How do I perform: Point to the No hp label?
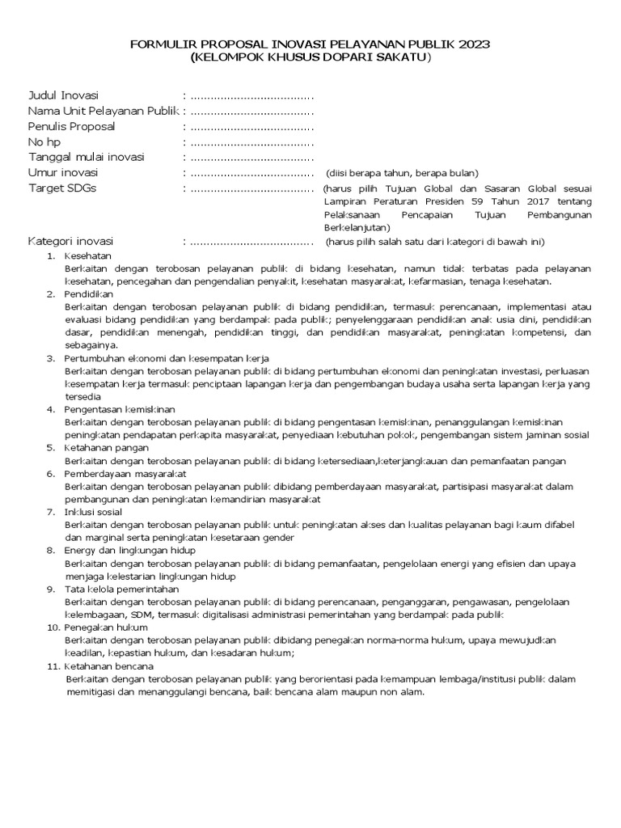click(x=44, y=142)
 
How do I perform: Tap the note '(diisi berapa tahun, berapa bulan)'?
click(x=402, y=174)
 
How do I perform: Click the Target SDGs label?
click(x=64, y=188)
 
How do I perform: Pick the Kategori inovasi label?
click(x=71, y=242)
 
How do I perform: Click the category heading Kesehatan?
click(x=87, y=256)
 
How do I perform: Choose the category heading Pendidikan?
click(x=89, y=294)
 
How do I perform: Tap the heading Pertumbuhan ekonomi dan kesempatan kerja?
click(x=167, y=357)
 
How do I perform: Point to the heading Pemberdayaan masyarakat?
click(x=125, y=473)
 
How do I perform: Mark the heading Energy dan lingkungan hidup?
click(x=129, y=550)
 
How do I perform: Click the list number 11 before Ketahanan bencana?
click(x=51, y=665)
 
